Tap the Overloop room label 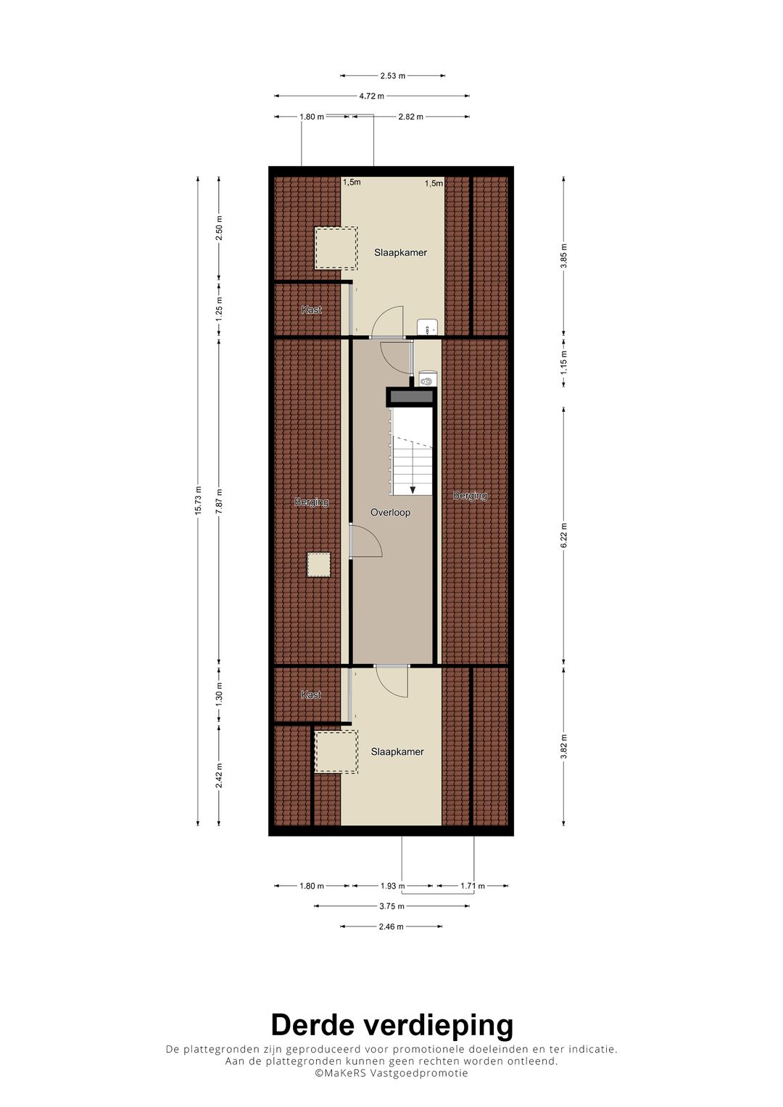click(391, 513)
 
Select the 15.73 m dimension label click(198, 501)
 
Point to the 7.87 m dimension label click(219, 501)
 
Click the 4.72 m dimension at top click(372, 96)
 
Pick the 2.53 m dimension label click(392, 75)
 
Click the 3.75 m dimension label click(392, 906)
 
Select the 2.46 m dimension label click(391, 926)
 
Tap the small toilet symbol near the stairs click(426, 380)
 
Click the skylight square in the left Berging click(318, 565)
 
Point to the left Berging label click(312, 502)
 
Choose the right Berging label click(470, 495)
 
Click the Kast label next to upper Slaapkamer click(312, 310)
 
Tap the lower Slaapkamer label click(397, 752)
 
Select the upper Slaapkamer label click(400, 252)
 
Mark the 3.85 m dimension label click(564, 256)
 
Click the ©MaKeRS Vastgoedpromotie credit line click(391, 1073)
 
